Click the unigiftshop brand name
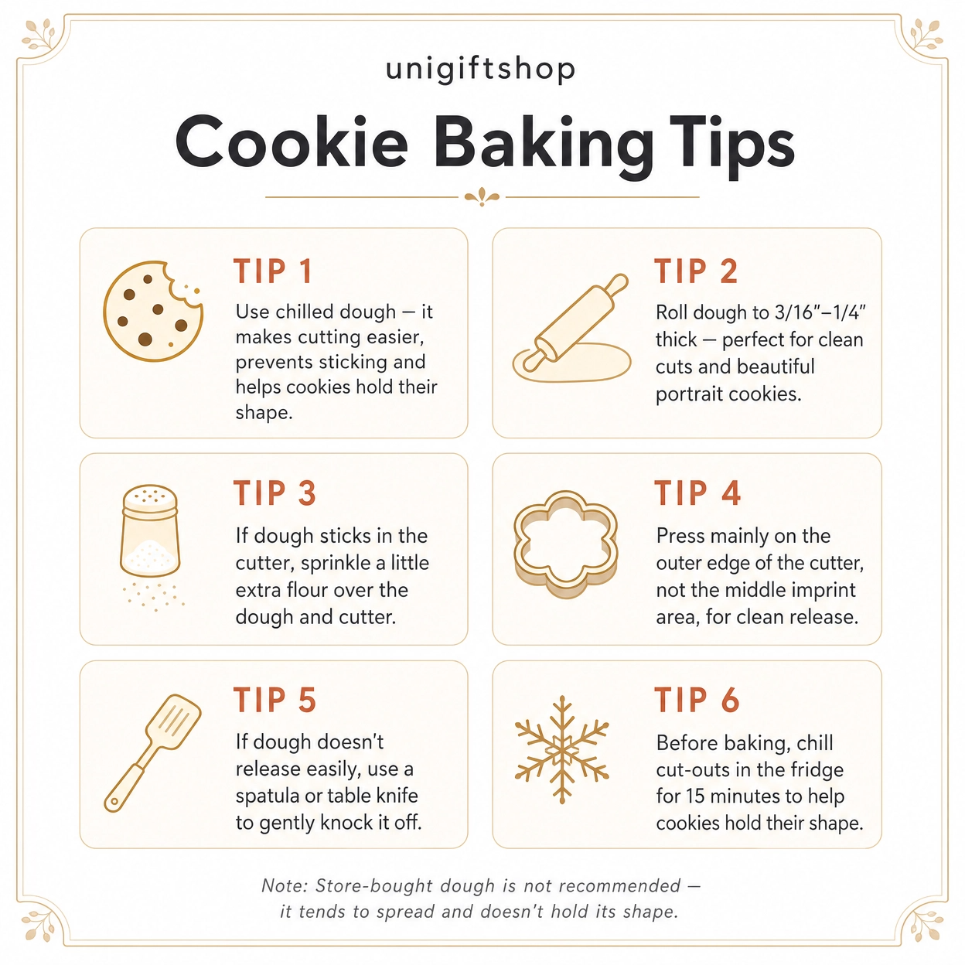pos(479,70)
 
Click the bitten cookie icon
pos(153,311)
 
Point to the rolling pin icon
pos(571,328)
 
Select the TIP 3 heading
pos(275,493)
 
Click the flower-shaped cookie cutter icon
pos(566,544)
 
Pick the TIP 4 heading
pos(697,493)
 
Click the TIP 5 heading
pos(275,699)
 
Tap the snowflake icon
pos(562,750)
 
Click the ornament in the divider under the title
pos(482,197)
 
